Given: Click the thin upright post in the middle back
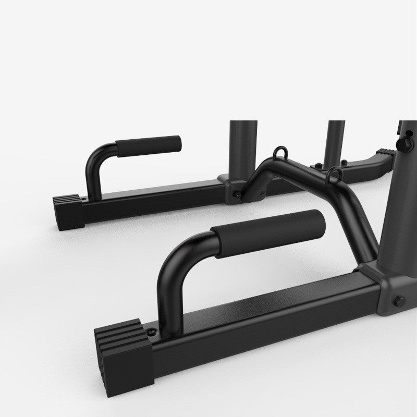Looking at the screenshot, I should point(337,141).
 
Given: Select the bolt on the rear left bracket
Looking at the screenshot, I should point(238,194).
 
